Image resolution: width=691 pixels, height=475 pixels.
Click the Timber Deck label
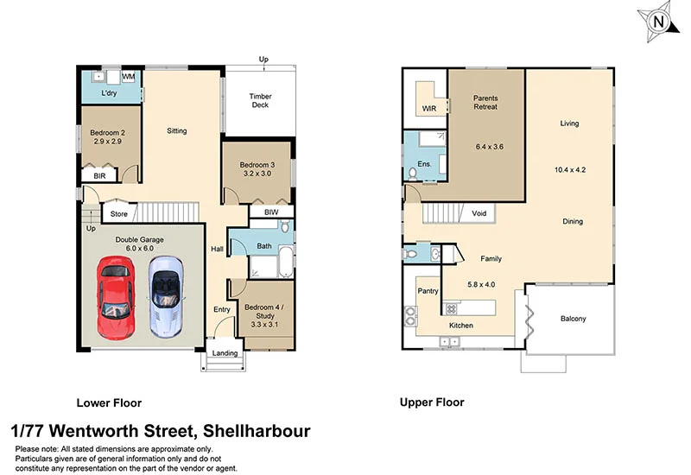click(260, 100)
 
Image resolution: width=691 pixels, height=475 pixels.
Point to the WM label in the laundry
click(129, 77)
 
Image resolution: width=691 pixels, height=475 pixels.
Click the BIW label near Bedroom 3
click(270, 211)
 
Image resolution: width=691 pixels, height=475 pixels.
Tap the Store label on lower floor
click(119, 213)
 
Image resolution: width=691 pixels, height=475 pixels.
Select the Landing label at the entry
click(225, 352)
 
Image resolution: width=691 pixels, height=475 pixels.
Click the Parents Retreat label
click(485, 104)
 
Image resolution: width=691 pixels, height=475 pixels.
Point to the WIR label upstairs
click(429, 109)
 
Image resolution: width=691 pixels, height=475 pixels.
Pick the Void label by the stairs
click(479, 212)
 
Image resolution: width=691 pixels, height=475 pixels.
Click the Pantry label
click(428, 292)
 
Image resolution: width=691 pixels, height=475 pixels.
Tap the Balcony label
click(573, 320)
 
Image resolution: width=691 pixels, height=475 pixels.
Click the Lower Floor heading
click(109, 402)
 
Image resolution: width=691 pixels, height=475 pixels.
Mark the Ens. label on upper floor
click(424, 163)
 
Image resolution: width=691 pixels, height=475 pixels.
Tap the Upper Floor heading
click(431, 402)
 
